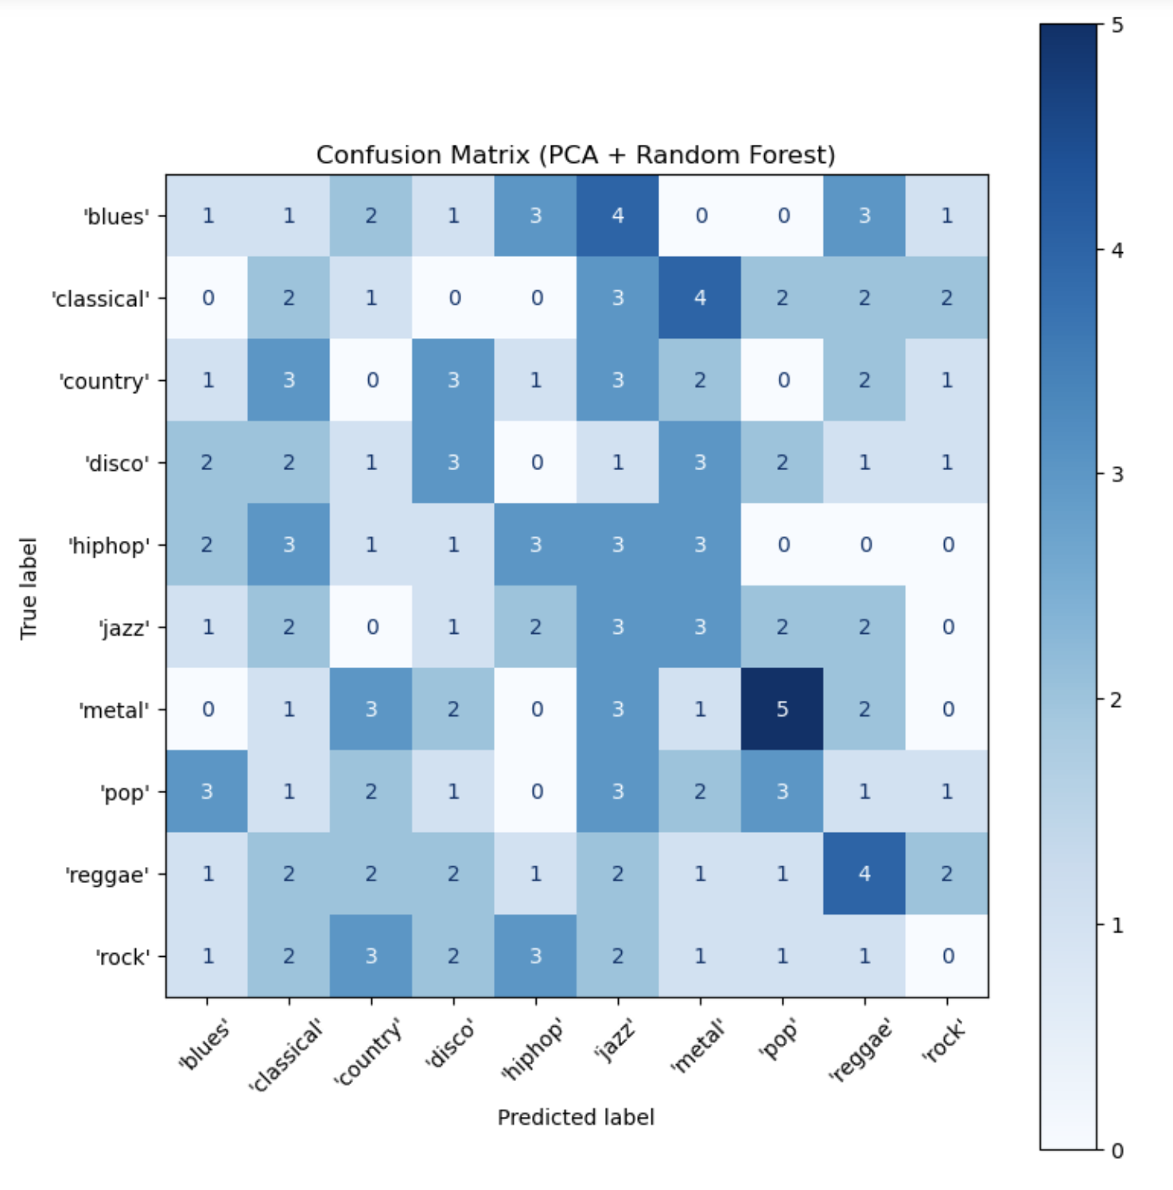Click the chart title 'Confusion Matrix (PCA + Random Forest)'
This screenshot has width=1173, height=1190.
[576, 154]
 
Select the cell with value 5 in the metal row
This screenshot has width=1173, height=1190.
[783, 709]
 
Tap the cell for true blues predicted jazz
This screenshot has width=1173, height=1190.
[618, 216]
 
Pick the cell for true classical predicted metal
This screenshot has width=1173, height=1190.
[700, 297]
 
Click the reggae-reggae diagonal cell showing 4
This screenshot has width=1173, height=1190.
[864, 873]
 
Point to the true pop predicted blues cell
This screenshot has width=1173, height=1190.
[207, 791]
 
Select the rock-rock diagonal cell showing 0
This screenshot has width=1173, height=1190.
[947, 955]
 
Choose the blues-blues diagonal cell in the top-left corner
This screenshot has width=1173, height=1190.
[207, 216]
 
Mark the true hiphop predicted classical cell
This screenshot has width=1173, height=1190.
[289, 545]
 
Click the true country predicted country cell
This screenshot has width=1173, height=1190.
[371, 380]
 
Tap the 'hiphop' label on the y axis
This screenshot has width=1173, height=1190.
[109, 546]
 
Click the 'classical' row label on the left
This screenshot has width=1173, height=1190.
[100, 299]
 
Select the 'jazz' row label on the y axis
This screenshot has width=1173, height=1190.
[124, 628]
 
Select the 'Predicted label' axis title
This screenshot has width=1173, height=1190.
[576, 1118]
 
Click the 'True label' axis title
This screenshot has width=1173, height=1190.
[29, 588]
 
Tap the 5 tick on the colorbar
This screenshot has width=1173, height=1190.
[1117, 25]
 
